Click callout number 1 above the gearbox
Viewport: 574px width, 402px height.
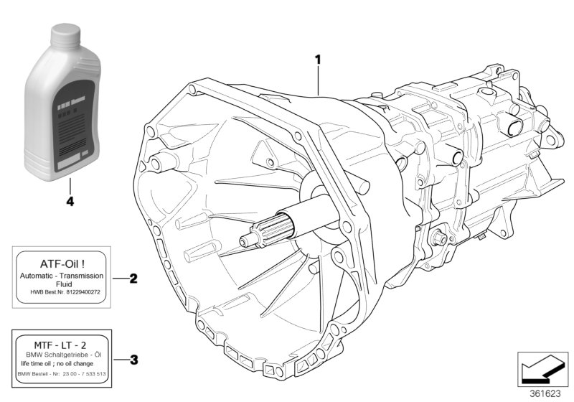coord(317,60)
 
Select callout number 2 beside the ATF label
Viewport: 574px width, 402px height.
coord(133,278)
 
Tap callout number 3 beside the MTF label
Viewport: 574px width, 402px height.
coord(133,359)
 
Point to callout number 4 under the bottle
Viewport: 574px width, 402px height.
coord(70,202)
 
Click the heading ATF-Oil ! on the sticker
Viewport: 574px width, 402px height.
coord(60,261)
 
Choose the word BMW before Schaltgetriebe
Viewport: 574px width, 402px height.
coord(32,354)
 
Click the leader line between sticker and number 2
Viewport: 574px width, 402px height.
coord(118,278)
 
